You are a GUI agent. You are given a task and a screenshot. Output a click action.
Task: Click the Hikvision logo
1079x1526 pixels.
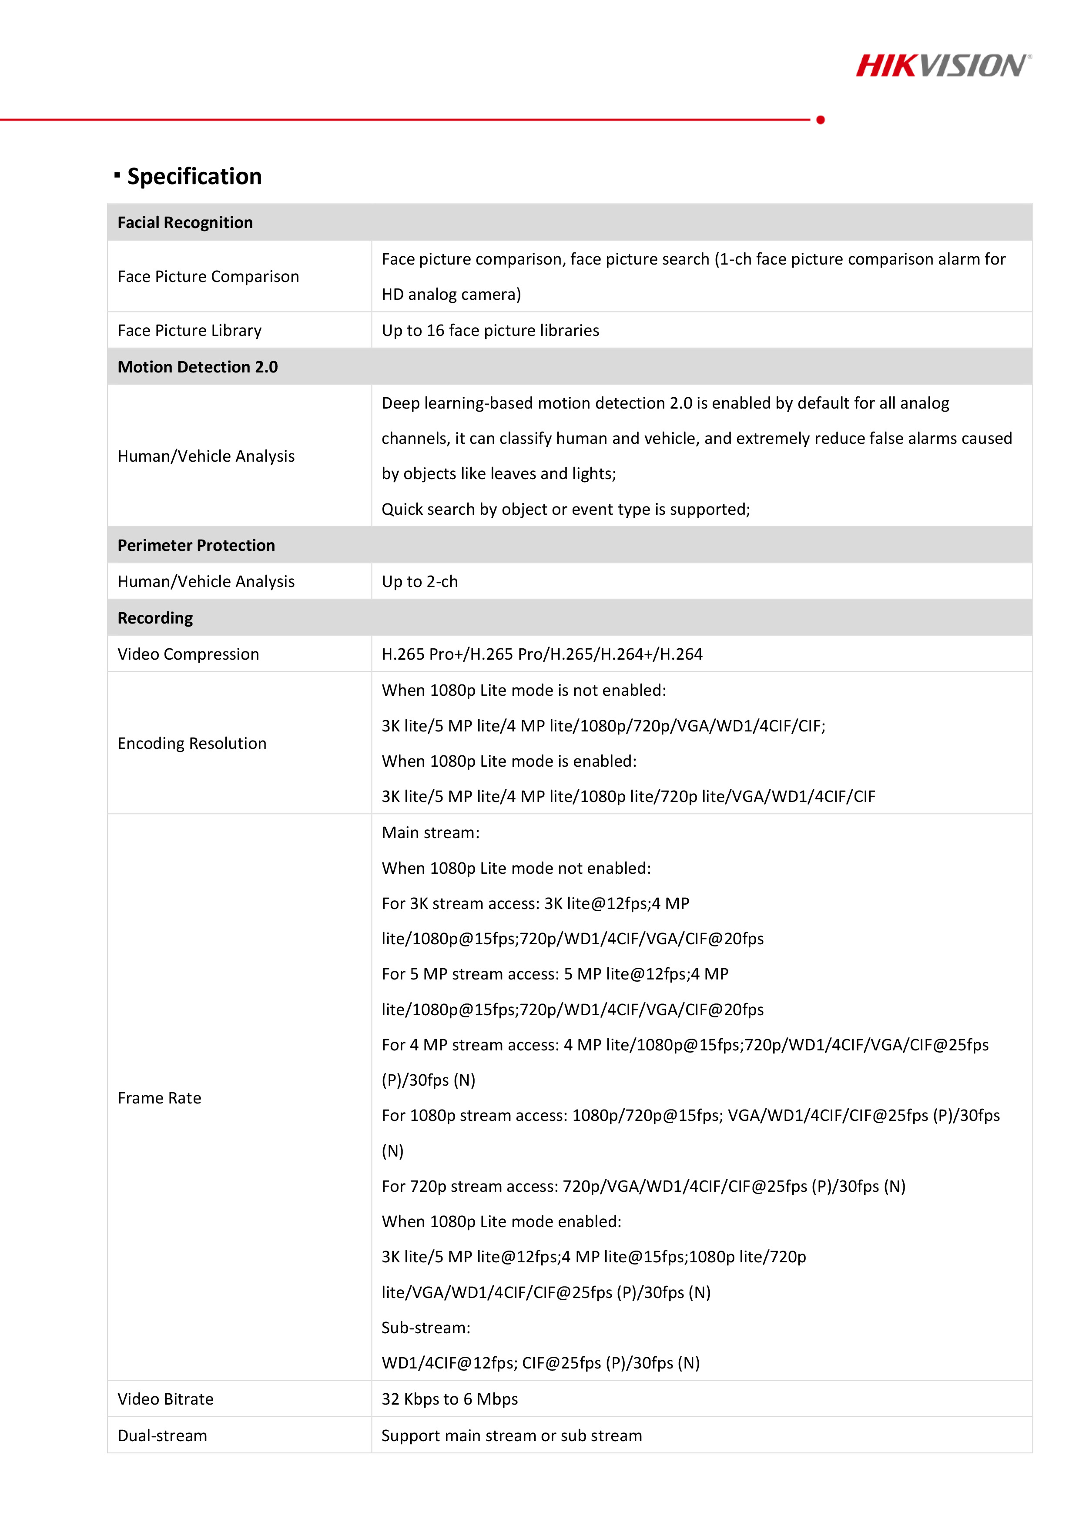point(943,66)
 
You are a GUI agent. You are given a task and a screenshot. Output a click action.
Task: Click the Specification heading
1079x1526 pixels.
point(194,176)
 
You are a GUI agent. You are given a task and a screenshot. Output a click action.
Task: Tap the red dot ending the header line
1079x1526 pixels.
point(821,120)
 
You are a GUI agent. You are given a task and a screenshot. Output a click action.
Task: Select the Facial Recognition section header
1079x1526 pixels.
point(185,223)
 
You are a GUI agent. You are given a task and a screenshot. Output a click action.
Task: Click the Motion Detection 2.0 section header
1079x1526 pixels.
point(198,367)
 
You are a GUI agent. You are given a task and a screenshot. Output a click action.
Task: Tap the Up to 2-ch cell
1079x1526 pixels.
point(419,582)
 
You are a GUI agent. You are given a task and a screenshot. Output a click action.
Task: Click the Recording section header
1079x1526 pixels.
point(155,618)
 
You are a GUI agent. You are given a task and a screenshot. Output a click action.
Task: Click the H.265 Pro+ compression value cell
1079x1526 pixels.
point(542,654)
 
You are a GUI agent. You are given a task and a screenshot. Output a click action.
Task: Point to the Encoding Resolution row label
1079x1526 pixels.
point(191,743)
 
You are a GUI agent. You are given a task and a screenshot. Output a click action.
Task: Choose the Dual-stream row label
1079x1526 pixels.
point(162,1435)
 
